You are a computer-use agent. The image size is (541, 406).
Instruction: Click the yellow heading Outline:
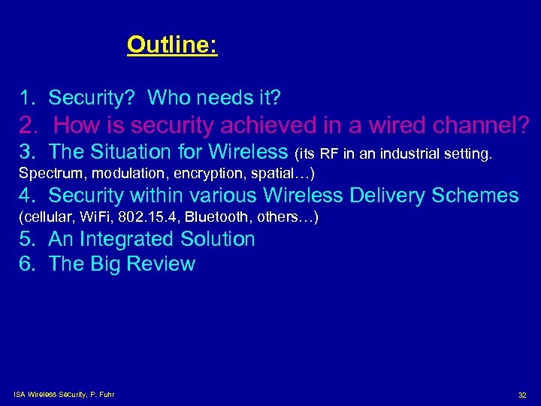pos(172,45)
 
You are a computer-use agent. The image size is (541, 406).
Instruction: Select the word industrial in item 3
pos(412,155)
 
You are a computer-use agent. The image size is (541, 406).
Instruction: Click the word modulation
pos(116,174)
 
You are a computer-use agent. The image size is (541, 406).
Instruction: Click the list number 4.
pos(26,196)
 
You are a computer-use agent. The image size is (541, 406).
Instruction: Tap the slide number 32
pos(522,395)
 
